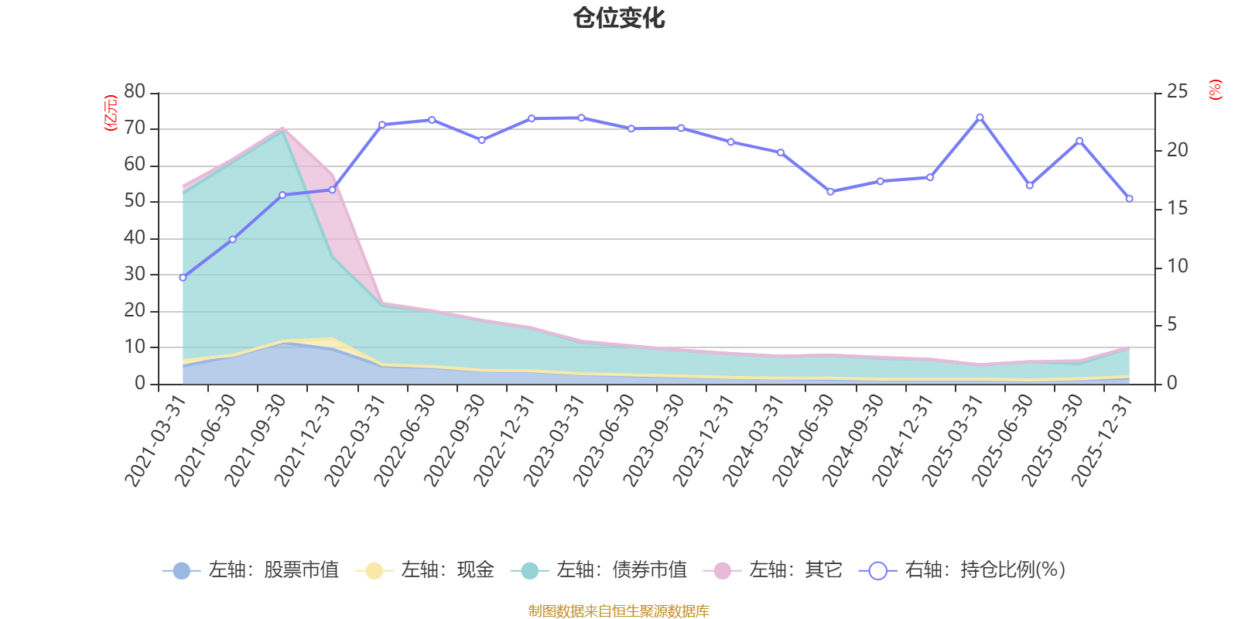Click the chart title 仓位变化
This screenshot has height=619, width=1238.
(x=619, y=18)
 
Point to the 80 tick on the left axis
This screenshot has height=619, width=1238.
(x=135, y=92)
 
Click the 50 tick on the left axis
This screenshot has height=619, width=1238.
(x=135, y=201)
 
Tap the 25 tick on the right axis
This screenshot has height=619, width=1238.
(x=1177, y=92)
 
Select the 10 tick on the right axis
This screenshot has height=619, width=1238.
(x=1177, y=267)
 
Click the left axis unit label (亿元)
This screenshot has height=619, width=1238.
(x=111, y=113)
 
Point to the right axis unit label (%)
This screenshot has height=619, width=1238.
(x=1215, y=90)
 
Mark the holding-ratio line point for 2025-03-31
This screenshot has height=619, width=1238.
(x=980, y=117)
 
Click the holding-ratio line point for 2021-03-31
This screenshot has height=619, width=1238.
(x=183, y=277)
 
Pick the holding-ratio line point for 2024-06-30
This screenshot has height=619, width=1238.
(x=830, y=191)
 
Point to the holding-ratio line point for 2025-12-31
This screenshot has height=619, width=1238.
(x=1129, y=199)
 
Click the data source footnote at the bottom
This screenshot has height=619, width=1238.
(x=619, y=611)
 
